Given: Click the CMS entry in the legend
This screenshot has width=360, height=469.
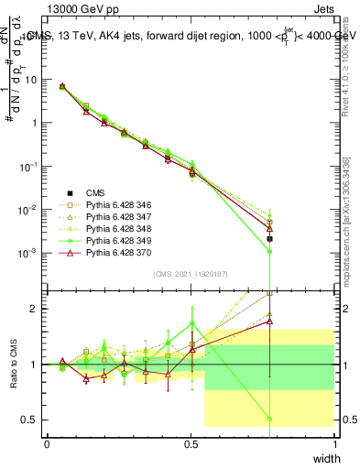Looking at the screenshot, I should click(95, 193).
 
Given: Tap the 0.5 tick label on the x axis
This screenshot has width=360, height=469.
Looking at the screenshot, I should click(191, 442).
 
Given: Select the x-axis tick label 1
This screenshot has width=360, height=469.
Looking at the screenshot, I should click(334, 442).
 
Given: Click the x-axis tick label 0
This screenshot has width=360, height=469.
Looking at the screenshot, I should click(47, 442).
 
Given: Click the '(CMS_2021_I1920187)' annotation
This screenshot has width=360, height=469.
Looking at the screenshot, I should click(191, 274).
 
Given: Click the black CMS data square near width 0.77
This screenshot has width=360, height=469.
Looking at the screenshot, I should click(269, 238).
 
